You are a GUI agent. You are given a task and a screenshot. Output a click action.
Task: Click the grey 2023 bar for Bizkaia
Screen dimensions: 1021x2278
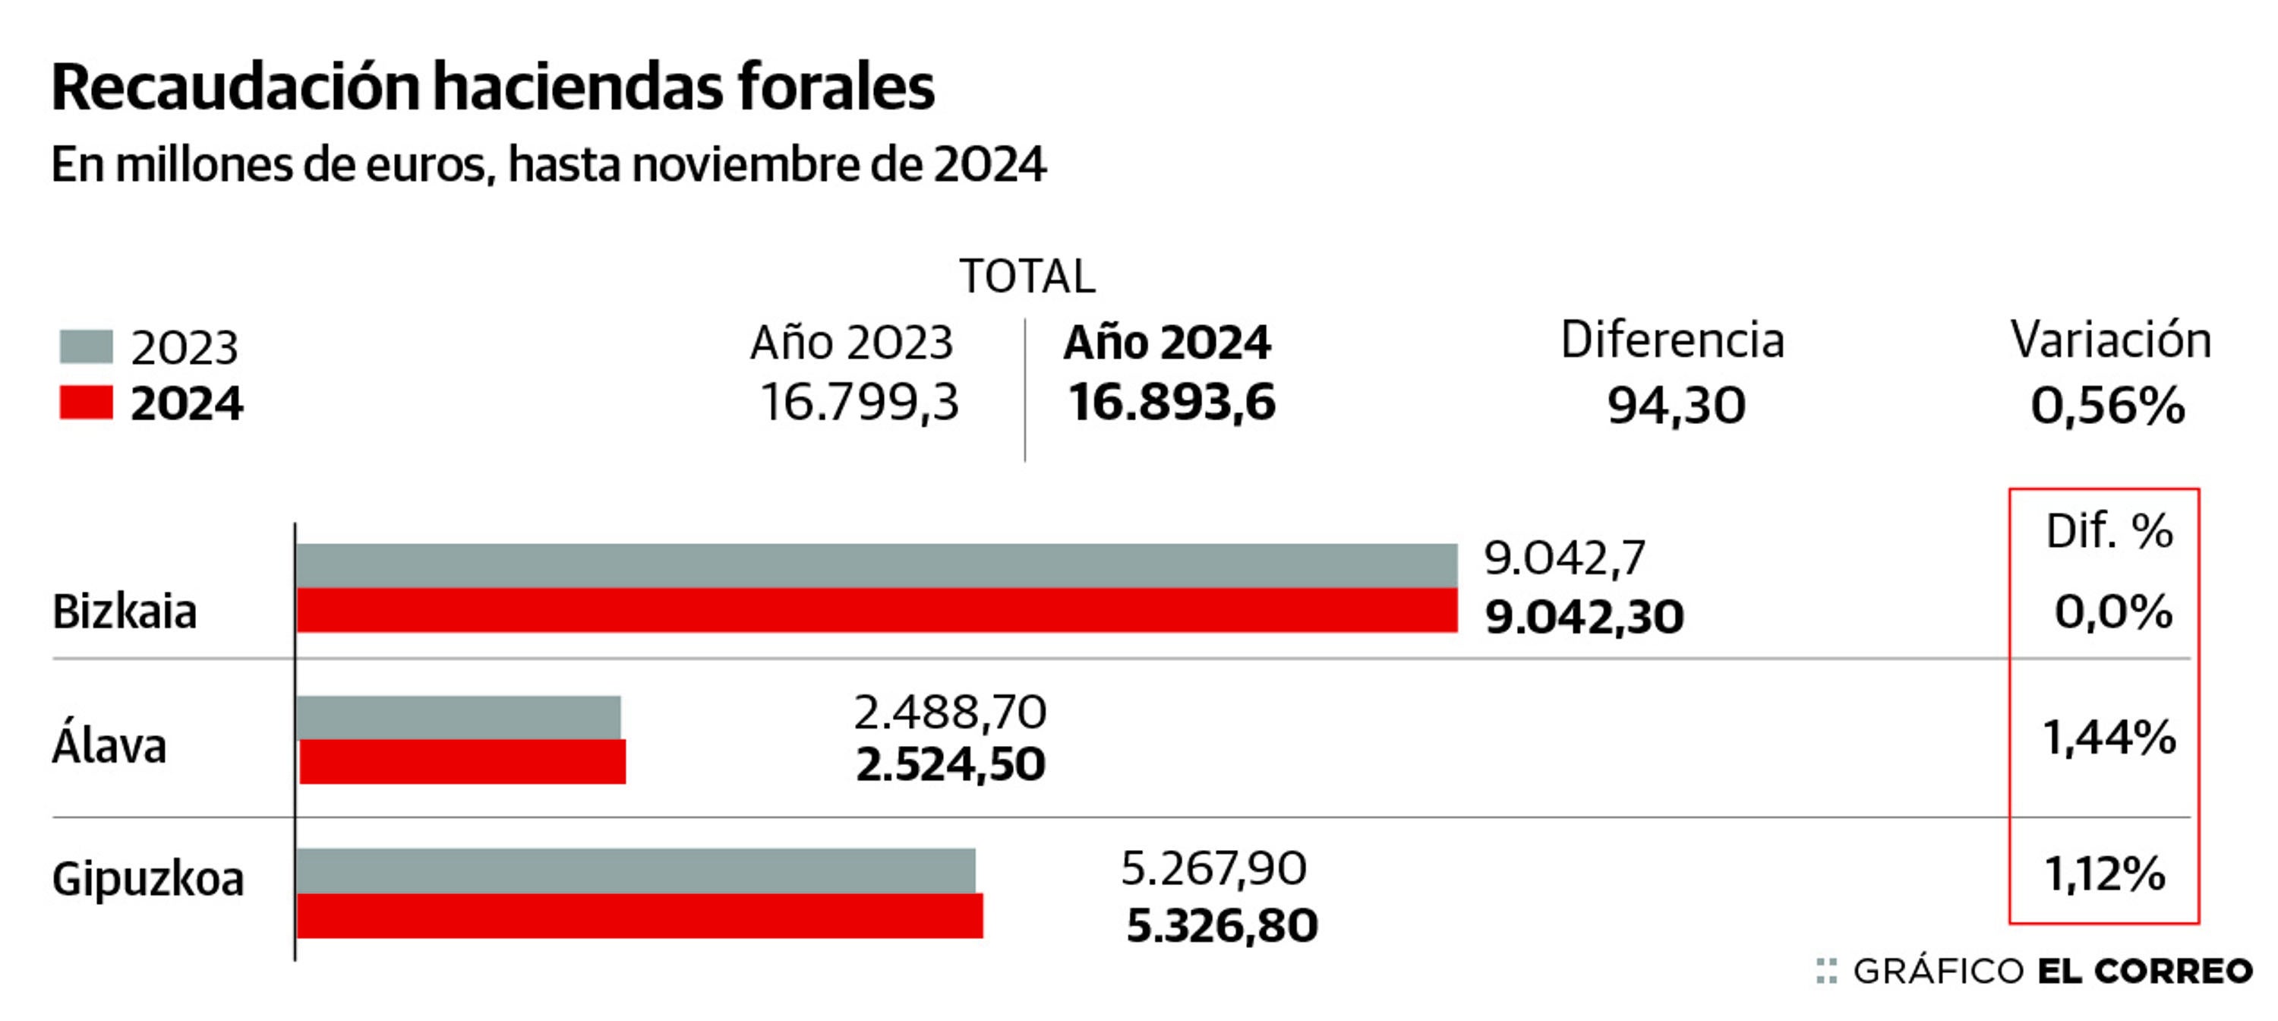pyautogui.click(x=876, y=565)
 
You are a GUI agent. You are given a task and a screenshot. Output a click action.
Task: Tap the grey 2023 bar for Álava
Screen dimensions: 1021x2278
pyautogui.click(x=458, y=716)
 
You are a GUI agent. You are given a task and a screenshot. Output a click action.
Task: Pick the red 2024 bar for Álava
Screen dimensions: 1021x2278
pyautogui.click(x=462, y=762)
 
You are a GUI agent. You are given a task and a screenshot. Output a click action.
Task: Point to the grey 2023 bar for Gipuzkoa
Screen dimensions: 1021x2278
pyautogui.click(x=635, y=871)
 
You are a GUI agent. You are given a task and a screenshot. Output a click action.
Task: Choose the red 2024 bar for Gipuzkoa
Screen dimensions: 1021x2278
pyautogui.click(x=639, y=915)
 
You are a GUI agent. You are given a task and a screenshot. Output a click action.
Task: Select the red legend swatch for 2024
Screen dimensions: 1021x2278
pyautogui.click(x=86, y=403)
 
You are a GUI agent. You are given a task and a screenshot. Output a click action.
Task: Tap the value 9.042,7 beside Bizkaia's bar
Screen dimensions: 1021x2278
pyautogui.click(x=1564, y=558)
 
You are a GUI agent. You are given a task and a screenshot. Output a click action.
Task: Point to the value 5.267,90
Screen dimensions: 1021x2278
pyautogui.click(x=1213, y=869)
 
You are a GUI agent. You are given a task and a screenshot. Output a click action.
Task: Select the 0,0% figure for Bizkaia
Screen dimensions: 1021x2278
pyautogui.click(x=2112, y=612)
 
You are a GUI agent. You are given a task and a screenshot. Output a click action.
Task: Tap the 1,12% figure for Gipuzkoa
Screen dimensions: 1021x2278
pyautogui.click(x=2105, y=875)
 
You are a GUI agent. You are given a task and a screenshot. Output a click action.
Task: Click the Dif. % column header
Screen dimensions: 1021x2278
pyautogui.click(x=2109, y=532)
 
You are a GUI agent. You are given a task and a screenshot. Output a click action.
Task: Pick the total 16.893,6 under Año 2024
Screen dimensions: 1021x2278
pyautogui.click(x=1171, y=403)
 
